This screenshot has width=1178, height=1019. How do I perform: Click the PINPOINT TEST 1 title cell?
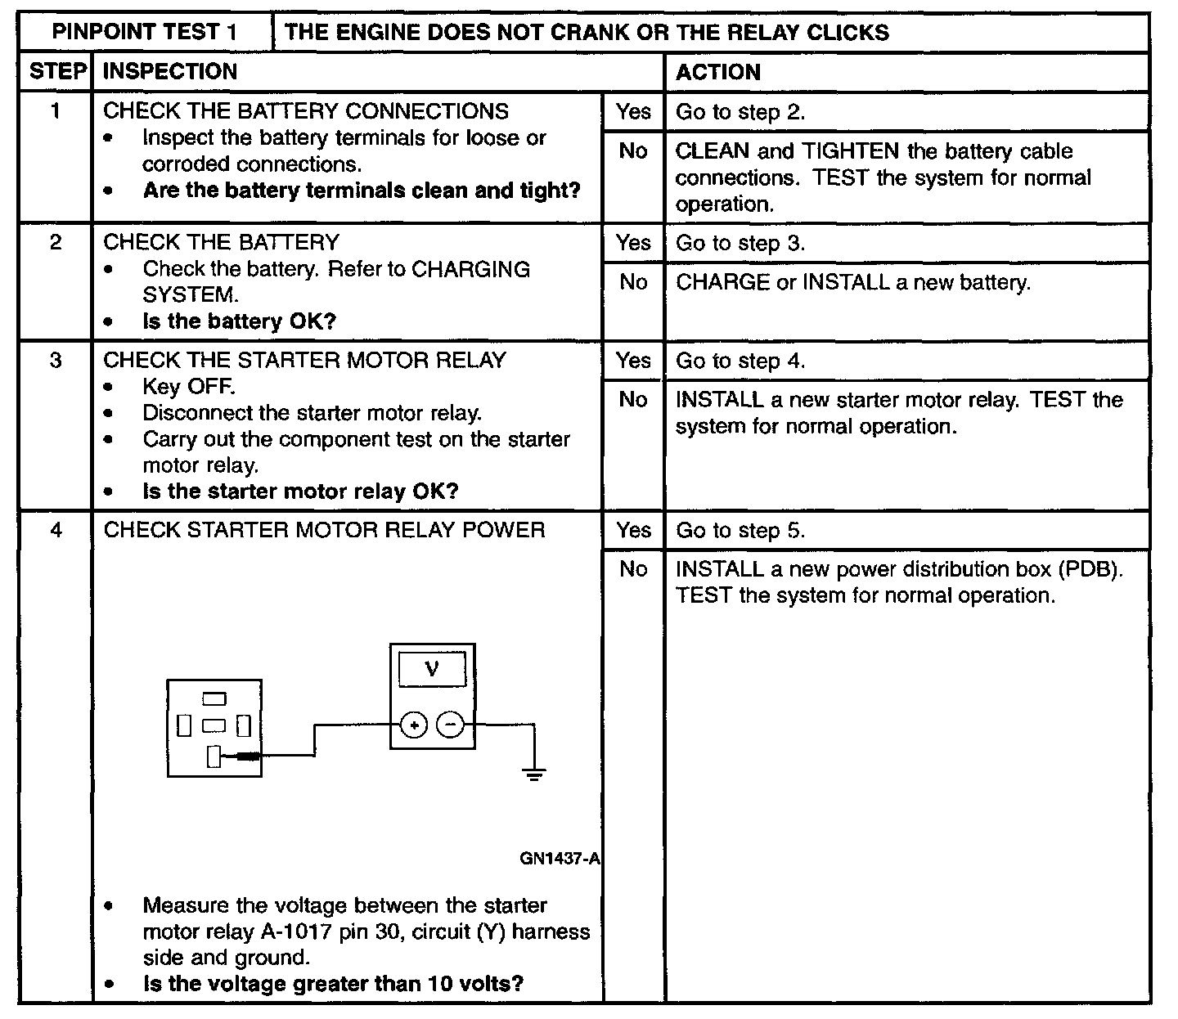[x=145, y=32]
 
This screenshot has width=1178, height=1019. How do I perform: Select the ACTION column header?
[x=717, y=72]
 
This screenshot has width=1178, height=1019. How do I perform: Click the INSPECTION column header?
[x=170, y=72]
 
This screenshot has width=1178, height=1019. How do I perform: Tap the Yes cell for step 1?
[x=633, y=112]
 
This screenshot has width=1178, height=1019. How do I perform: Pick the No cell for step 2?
[x=633, y=282]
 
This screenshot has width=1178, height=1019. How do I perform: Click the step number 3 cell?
[x=56, y=361]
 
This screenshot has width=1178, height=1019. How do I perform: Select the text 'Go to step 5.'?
[x=740, y=531]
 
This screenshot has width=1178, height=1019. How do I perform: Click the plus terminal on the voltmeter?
[x=414, y=725]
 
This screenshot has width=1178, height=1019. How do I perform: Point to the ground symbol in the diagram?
[x=534, y=773]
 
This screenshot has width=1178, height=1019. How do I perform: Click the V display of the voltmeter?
[x=432, y=669]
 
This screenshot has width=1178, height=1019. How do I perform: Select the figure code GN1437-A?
[x=560, y=859]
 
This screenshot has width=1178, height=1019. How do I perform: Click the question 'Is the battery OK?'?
[x=240, y=321]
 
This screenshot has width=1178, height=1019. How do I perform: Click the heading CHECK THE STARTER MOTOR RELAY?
[x=304, y=361]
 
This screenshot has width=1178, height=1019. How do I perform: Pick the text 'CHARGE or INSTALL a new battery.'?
[x=853, y=283]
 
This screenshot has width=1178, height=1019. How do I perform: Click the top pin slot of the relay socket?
[x=214, y=698]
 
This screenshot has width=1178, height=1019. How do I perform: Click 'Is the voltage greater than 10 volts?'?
[x=333, y=983]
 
